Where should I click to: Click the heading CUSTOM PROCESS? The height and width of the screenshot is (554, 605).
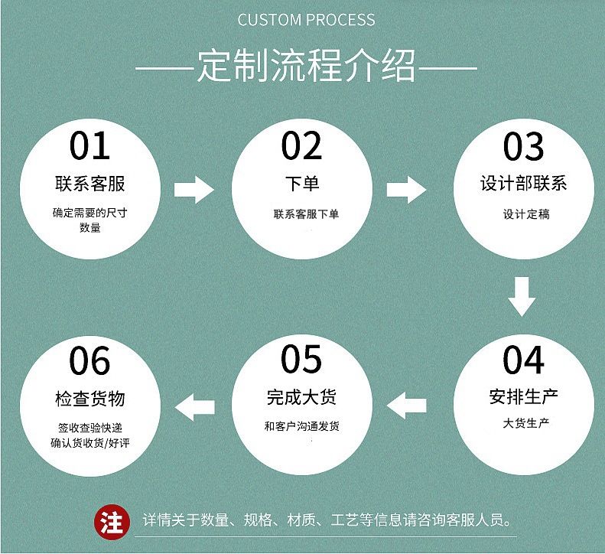pos(306,20)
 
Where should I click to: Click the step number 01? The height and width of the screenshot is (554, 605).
pos(90,146)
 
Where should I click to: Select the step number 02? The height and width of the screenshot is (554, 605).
pos(302,146)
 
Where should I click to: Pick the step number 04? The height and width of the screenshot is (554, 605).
pos(523,360)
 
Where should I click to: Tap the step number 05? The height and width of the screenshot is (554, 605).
pos(302,359)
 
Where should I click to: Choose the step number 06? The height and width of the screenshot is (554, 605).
pos(90,360)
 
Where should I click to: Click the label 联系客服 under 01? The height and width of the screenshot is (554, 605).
pos(90,184)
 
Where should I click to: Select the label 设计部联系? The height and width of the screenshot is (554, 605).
pos(523,184)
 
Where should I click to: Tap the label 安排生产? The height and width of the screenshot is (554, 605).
pos(523,396)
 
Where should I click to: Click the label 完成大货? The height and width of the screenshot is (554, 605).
pos(302,396)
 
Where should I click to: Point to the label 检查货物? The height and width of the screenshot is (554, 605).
pos(90,399)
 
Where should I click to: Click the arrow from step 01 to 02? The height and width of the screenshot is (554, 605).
pos(195,189)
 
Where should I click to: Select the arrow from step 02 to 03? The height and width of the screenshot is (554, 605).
pos(407,189)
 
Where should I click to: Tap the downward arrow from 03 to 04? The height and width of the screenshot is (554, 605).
pos(522,297)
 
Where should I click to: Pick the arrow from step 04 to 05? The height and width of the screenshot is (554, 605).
pos(406,403)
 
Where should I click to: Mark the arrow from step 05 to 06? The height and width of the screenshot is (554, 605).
pos(196,403)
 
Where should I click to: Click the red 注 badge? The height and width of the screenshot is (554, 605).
pos(112,522)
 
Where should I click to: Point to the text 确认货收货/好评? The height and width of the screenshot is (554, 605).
pos(90,442)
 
